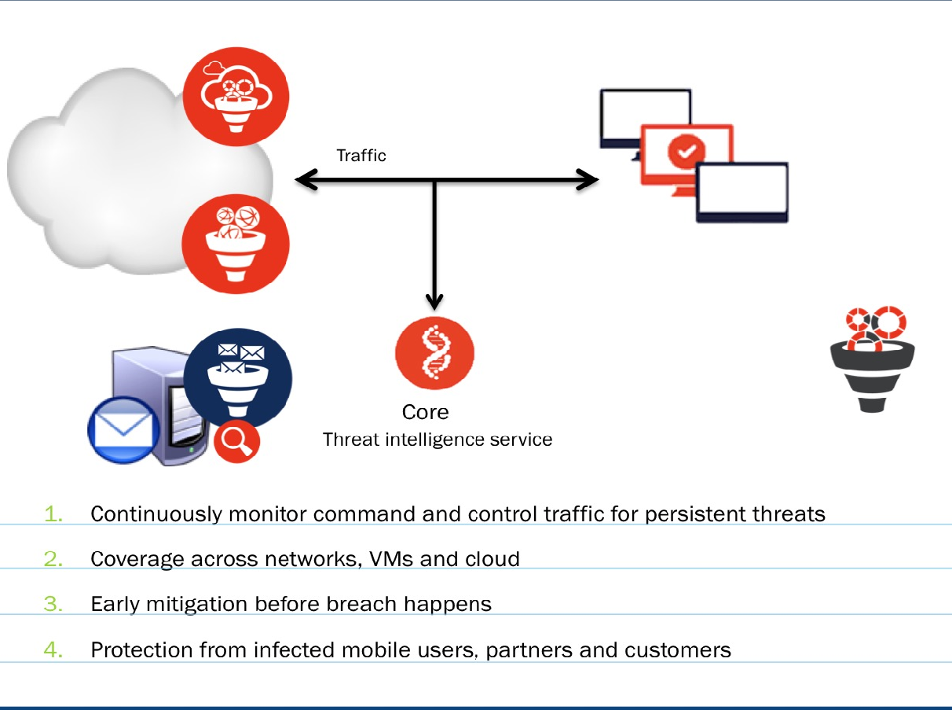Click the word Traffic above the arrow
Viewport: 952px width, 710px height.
[361, 156]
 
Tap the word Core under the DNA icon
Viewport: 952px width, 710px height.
[425, 412]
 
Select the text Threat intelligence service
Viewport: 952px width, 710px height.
[438, 439]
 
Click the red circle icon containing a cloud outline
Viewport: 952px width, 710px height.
[236, 96]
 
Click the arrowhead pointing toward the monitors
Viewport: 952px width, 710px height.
[588, 180]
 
